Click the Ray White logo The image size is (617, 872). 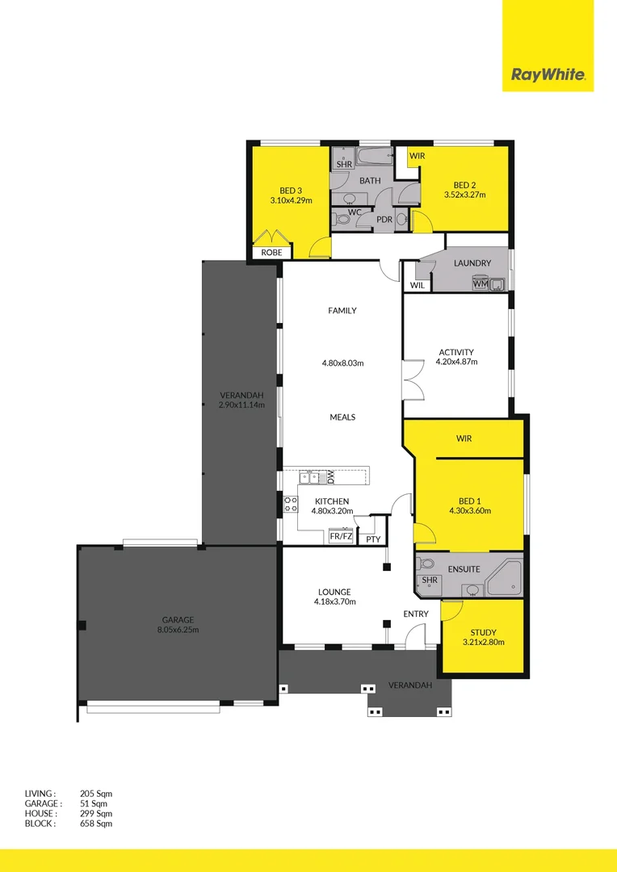(548, 77)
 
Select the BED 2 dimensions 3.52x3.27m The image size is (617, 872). (464, 195)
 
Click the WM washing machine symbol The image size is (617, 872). (481, 283)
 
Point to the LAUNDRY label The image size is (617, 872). (472, 263)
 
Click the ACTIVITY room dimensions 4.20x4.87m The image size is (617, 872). (456, 362)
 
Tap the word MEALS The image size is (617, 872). (342, 417)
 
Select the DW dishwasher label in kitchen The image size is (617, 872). (330, 477)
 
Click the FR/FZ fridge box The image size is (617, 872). (341, 536)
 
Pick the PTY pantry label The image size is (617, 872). (372, 539)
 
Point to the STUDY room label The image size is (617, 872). (482, 632)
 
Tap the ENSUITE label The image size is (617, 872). (464, 569)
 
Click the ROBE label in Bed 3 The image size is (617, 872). (271, 252)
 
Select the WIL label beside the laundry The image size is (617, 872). (418, 285)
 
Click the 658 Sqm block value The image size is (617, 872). (96, 824)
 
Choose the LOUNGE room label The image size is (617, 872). (334, 592)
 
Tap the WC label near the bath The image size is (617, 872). (355, 212)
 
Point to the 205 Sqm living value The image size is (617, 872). (96, 794)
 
